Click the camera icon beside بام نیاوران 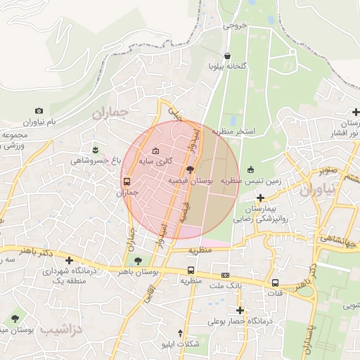(39, 111)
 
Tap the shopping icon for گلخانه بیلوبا (227, 56)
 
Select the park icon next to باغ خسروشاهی (96, 149)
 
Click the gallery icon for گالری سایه (155, 151)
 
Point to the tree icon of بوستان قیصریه (190, 169)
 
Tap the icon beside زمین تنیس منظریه (251, 169)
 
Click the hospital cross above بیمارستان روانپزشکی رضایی (260, 198)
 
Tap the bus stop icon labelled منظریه (191, 270)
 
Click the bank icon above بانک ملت (225, 275)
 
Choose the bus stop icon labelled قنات (275, 283)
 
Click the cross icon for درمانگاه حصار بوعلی (240, 310)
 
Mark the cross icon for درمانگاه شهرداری (68, 260)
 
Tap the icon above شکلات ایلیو (181, 333)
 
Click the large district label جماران (112, 112)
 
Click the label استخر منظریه (245, 131)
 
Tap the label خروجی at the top (236, 25)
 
